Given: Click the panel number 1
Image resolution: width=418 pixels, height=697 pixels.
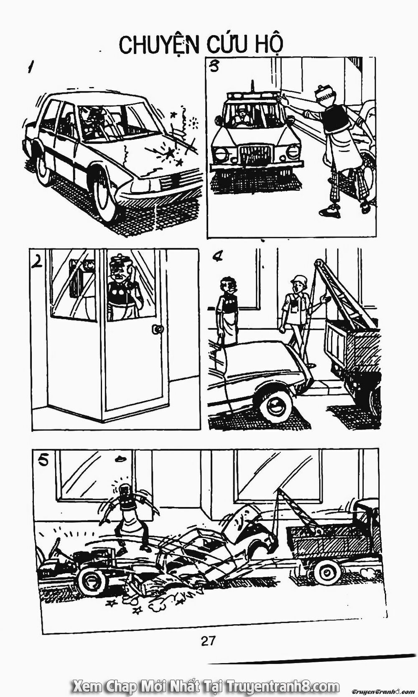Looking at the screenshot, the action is pyautogui.click(x=31, y=67).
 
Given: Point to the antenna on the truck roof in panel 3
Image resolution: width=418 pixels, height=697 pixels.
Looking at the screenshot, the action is pyautogui.click(x=253, y=87).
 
